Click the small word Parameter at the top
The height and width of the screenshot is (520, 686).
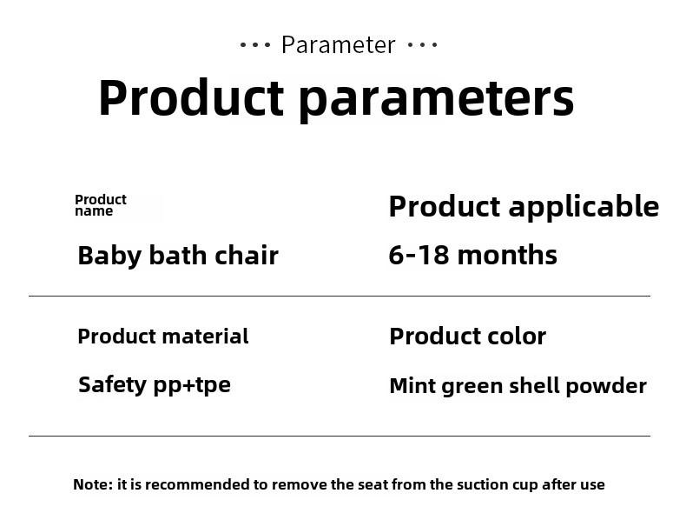338,44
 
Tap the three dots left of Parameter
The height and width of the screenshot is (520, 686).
255,44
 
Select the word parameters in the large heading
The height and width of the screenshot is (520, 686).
437,99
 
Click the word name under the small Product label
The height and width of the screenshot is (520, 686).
94,211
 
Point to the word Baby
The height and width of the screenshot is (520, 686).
109,256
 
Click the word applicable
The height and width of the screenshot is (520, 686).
584,206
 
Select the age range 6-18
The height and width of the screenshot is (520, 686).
419,255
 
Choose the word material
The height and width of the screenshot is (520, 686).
205,337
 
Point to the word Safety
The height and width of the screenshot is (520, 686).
112,385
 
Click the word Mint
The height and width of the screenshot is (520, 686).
412,386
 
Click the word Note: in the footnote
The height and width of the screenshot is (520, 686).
93,484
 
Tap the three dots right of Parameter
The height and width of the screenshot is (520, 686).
422,44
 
